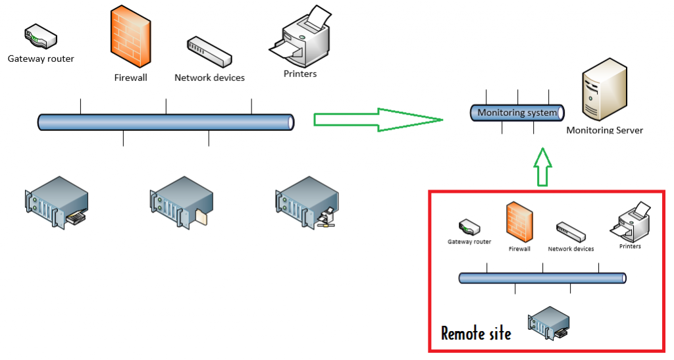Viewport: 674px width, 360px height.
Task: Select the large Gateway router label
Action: click(x=41, y=59)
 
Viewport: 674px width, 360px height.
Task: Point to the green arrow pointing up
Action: click(x=542, y=167)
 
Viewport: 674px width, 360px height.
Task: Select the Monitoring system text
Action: click(x=517, y=113)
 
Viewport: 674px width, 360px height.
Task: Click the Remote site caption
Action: click(x=475, y=333)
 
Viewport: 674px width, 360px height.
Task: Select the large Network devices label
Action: click(x=209, y=78)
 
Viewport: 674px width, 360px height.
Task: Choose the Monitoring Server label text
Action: click(x=604, y=130)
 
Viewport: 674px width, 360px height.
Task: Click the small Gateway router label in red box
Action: click(x=469, y=242)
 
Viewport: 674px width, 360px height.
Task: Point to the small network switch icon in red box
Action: click(x=570, y=232)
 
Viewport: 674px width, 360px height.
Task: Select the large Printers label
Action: click(x=300, y=74)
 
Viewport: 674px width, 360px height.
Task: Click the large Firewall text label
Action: click(x=130, y=78)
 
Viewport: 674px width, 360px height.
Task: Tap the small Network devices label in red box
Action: click(x=571, y=249)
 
